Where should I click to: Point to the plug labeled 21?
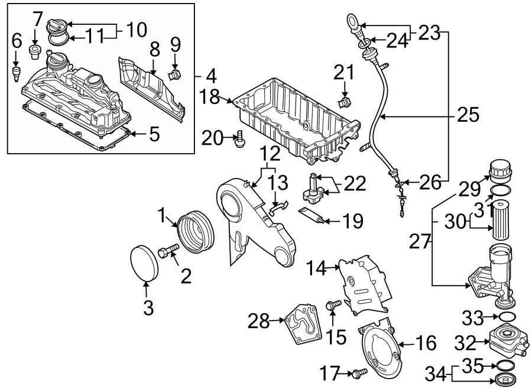coord(343,103)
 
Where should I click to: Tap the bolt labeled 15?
coord(332,305)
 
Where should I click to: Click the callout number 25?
coord(469,115)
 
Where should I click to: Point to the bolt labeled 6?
coord(17,75)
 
